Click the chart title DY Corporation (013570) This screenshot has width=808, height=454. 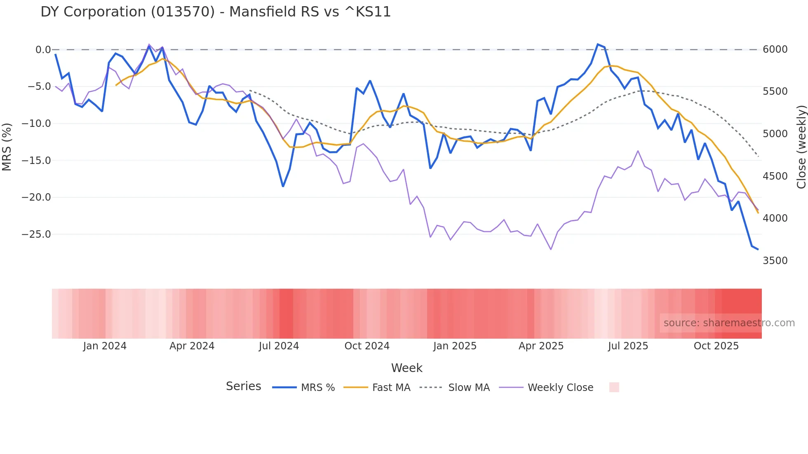point(215,12)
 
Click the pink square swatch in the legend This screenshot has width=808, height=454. point(614,387)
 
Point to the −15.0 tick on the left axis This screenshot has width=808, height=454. point(36,160)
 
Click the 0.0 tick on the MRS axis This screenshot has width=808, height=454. point(43,50)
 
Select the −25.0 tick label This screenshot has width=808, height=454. point(36,234)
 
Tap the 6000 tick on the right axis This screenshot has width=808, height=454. point(775,49)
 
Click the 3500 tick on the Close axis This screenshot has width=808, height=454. point(775,261)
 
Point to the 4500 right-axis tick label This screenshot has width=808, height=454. point(775,176)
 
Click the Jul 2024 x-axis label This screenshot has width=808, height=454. point(279,346)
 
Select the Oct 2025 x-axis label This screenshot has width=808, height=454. point(716,346)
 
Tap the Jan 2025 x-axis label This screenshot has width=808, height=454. point(455,346)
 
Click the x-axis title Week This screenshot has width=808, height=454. point(406,368)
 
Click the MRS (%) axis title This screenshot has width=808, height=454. point(7,147)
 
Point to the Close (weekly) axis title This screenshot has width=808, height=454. point(801,147)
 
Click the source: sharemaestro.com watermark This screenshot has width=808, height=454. point(729,323)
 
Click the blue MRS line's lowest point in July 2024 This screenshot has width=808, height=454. point(283,186)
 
